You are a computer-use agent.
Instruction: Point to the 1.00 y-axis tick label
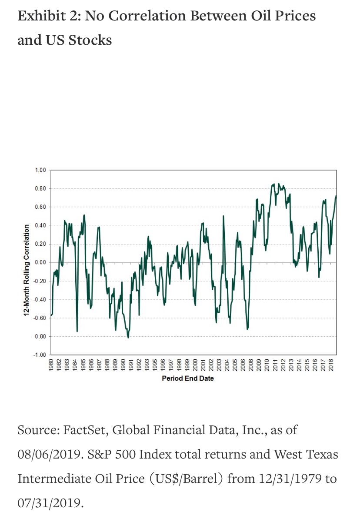coord(40,170)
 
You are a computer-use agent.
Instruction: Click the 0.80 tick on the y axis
coord(40,188)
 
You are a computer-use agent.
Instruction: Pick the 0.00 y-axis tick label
coord(40,262)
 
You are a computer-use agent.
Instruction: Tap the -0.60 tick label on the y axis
coord(39,318)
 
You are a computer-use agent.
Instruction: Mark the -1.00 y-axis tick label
coord(39,355)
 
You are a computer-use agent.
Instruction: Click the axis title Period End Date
coord(188,378)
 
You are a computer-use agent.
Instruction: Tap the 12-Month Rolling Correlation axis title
coord(27,269)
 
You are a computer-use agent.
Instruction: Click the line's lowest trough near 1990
coord(128,338)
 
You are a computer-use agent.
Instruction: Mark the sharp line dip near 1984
coord(77,331)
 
